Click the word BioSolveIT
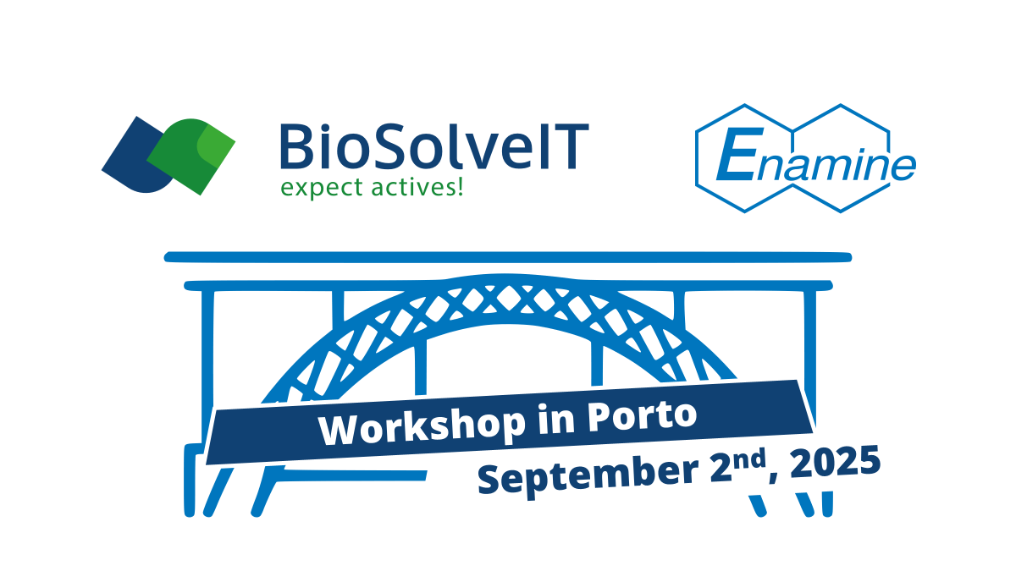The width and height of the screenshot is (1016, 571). pos(434,146)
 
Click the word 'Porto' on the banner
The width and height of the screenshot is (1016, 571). pos(643,415)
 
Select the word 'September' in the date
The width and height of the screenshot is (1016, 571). pos(588,475)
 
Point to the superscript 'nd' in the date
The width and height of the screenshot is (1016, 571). pos(749,459)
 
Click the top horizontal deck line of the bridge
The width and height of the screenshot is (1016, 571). pos(508,257)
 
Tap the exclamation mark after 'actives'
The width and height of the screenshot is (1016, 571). pos(461,186)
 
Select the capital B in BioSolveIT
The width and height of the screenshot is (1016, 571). pos(295,146)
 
